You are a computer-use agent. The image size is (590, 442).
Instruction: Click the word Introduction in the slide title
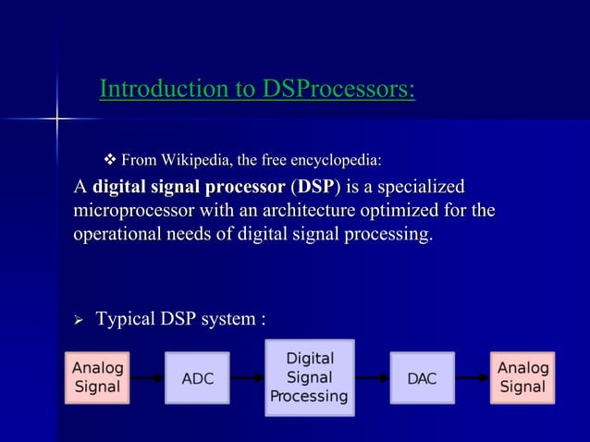[154, 90]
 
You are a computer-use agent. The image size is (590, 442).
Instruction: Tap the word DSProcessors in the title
[338, 90]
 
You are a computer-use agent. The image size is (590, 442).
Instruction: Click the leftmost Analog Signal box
[96, 377]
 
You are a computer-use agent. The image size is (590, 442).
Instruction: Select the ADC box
[197, 378]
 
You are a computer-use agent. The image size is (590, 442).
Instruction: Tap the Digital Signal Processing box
[309, 377]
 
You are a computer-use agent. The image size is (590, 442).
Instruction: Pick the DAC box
[422, 378]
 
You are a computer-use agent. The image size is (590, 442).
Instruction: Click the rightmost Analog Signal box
[522, 377]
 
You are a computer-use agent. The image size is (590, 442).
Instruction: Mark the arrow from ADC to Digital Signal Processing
[247, 378]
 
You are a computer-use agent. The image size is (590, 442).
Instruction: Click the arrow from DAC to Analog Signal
[472, 378]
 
